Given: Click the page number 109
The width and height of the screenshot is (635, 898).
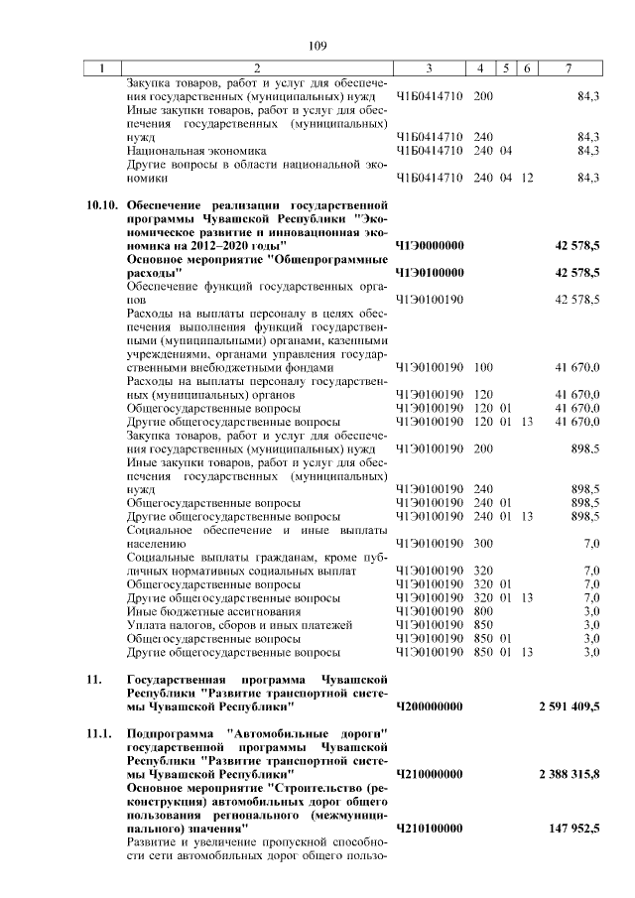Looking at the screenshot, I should [x=317, y=46].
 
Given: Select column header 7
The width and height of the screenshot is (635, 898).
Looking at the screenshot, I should [x=568, y=68].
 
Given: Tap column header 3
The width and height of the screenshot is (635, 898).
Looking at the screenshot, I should [x=429, y=68].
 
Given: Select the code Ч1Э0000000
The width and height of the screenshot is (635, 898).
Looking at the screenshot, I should [x=430, y=244].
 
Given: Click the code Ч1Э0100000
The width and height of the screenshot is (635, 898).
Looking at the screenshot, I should [x=430, y=271].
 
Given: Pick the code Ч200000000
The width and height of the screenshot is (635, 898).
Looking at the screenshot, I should [x=430, y=706].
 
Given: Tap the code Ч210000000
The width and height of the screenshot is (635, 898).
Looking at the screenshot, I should [x=430, y=773].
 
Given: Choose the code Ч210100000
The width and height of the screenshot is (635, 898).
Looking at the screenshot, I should [x=430, y=827].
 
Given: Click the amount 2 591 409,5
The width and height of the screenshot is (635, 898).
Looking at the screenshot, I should [x=569, y=706].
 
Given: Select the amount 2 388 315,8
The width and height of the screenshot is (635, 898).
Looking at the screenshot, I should [x=569, y=773].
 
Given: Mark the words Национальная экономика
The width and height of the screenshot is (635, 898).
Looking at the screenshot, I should [x=190, y=151].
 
